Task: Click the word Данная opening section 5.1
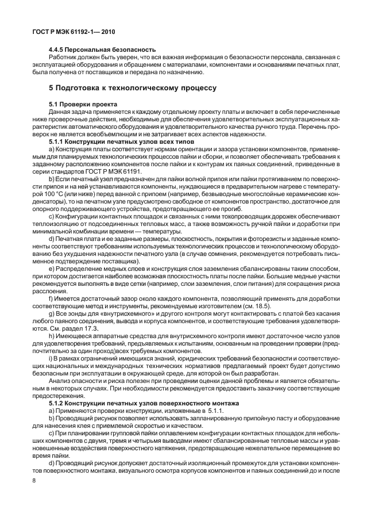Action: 61,111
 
